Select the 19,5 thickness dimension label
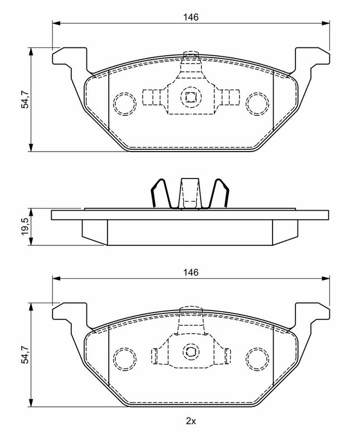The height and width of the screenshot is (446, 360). click(x=25, y=227)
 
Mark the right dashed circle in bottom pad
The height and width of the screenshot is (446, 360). click(x=257, y=356)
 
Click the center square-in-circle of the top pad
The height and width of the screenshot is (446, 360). click(x=191, y=98)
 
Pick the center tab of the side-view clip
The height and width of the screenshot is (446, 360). click(x=191, y=192)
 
